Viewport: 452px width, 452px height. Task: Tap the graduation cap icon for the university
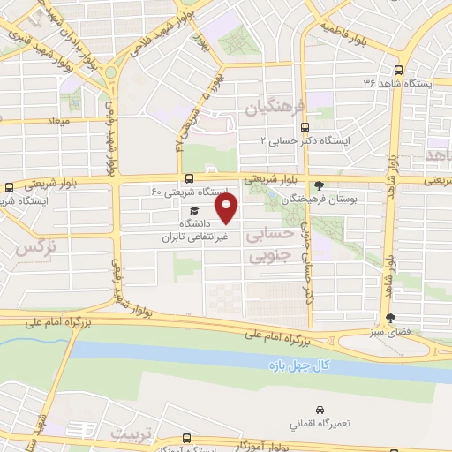(x=190, y=211)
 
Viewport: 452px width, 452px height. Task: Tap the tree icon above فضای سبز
(x=391, y=319)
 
